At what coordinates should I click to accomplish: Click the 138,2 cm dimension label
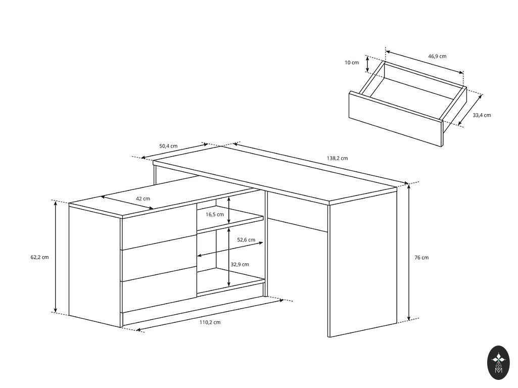tap(337, 158)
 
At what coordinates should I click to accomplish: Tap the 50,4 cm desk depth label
tap(168, 146)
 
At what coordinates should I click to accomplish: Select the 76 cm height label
tap(421, 258)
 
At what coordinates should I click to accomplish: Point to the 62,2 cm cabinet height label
tap(39, 257)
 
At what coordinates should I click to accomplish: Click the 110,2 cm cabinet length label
tap(210, 322)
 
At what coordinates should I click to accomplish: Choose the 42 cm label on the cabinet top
tap(143, 199)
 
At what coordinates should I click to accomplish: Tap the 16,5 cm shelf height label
tap(214, 215)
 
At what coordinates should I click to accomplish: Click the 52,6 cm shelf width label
tap(246, 240)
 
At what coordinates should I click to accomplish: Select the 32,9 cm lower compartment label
tap(240, 265)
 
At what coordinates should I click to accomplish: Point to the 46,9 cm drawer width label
tap(437, 56)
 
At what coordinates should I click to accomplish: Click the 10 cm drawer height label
tap(352, 63)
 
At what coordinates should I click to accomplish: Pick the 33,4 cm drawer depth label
tap(482, 115)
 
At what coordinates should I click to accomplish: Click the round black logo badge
tap(499, 363)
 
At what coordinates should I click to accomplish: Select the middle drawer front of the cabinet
tap(159, 258)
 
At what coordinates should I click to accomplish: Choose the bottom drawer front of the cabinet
tap(159, 289)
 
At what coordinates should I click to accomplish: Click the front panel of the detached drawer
tap(396, 119)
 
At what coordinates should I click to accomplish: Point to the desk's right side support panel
tap(363, 263)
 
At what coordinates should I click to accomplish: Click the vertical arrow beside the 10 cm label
tap(367, 64)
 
